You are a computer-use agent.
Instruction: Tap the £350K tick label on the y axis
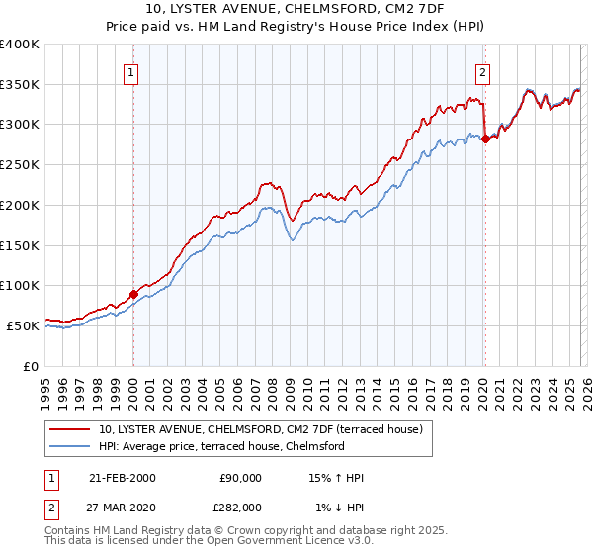coord(19,85)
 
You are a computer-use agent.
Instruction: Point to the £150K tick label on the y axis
coord(19,245)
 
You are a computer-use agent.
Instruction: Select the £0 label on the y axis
coord(30,366)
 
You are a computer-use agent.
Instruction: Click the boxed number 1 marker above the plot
coord(132,71)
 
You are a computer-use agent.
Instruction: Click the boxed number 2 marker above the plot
coord(483,71)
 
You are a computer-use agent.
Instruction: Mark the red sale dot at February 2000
coord(134,294)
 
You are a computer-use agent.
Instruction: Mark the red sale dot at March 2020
coord(485,139)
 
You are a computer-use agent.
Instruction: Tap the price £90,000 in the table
coord(240,478)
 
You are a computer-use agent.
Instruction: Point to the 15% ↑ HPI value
coord(336,478)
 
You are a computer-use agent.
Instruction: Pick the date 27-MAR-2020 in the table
coord(123,508)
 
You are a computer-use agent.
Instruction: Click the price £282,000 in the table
coord(240,508)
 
